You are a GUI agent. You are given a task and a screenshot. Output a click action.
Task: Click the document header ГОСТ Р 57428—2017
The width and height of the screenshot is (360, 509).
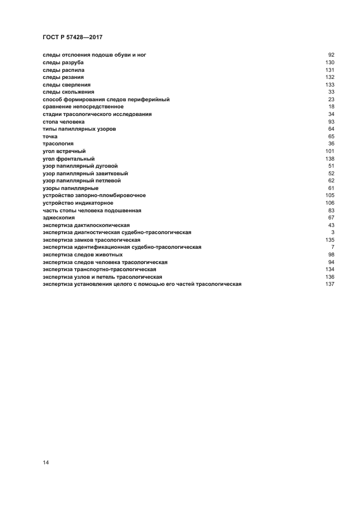(x=72, y=37)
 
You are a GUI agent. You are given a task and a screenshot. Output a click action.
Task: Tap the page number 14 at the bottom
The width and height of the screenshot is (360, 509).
(x=46, y=463)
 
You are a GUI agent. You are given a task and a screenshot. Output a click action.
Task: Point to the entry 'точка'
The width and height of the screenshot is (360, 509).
(x=50, y=136)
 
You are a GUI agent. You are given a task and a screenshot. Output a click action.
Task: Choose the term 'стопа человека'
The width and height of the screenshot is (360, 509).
(x=64, y=121)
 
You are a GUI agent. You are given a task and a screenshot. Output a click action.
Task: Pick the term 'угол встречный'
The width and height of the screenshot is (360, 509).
(x=64, y=151)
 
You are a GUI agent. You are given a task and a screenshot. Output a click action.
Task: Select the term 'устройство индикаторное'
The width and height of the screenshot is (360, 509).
(x=78, y=203)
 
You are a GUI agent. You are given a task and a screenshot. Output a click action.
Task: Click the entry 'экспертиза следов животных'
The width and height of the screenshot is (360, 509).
(x=83, y=254)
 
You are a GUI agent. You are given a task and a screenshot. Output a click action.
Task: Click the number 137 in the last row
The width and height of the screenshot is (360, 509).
(x=329, y=284)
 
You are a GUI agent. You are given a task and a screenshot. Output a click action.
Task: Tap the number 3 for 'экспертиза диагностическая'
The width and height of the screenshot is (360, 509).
(x=332, y=232)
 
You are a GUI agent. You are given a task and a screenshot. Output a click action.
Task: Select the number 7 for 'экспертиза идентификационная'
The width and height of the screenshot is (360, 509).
(x=332, y=247)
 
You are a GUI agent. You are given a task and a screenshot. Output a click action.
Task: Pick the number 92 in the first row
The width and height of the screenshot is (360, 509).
(x=331, y=55)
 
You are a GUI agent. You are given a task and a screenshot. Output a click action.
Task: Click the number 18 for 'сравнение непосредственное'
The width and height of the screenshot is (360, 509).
(x=331, y=107)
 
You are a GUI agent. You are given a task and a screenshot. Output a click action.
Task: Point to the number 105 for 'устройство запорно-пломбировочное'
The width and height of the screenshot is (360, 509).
(x=329, y=195)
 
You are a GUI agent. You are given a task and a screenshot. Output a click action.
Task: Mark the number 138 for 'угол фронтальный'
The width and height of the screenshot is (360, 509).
(x=329, y=158)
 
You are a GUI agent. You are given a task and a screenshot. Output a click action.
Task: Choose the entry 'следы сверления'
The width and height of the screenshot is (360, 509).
(x=66, y=84)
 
